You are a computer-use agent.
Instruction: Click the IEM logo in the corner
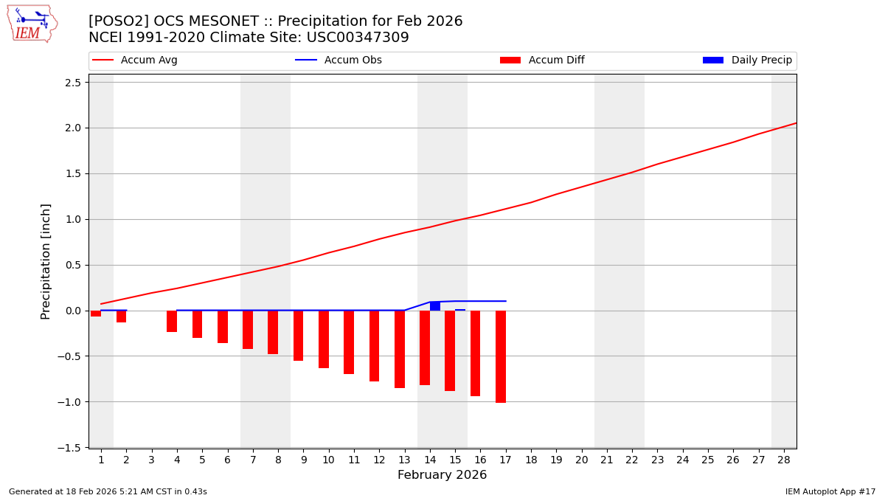[x=32, y=24]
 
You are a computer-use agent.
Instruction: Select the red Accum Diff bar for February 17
[x=501, y=356]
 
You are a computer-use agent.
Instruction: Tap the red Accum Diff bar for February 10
[x=324, y=339]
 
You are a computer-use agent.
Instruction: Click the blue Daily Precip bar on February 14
[x=435, y=306]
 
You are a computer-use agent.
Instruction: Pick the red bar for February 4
[x=172, y=321]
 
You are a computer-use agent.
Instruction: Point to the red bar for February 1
[x=96, y=314]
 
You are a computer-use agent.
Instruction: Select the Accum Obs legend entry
[x=339, y=60]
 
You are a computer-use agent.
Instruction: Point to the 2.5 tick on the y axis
[x=72, y=82]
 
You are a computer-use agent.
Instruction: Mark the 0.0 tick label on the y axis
[x=72, y=311]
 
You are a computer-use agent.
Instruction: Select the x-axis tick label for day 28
[x=783, y=460]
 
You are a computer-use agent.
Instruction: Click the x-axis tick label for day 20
[x=581, y=460]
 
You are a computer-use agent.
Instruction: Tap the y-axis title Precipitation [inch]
[x=46, y=261]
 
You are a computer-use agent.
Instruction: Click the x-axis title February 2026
[x=442, y=475]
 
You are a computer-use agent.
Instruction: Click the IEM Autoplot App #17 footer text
[x=830, y=491]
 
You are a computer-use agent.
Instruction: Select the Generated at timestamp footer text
[x=108, y=491]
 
